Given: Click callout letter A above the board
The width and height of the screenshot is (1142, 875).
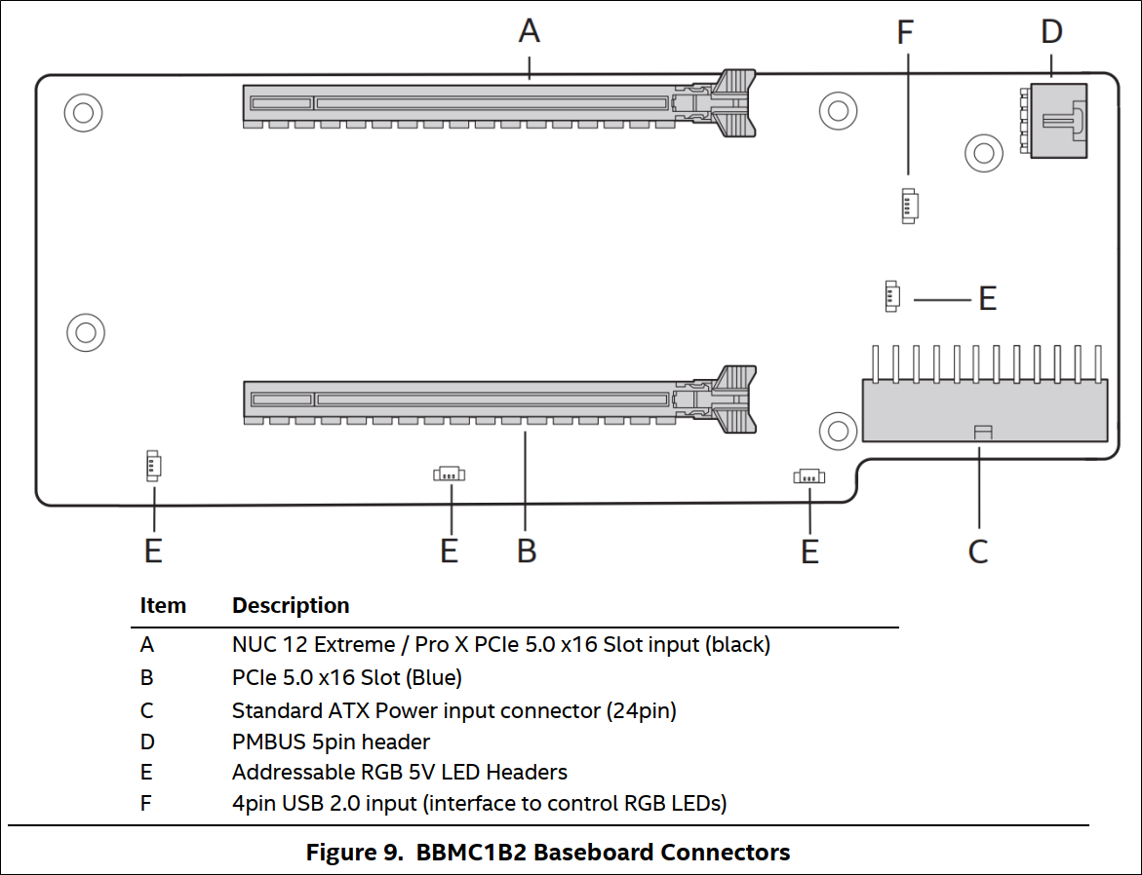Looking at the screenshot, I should [529, 31].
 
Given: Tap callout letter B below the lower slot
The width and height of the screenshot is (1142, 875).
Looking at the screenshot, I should [527, 551].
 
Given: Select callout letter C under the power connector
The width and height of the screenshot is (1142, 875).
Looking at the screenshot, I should [978, 552].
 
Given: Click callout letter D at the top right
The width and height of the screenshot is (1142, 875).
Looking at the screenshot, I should [1051, 31].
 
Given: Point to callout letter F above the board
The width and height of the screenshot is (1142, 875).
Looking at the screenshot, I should [906, 31].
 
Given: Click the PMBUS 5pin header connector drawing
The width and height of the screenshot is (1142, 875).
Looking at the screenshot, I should [1054, 120].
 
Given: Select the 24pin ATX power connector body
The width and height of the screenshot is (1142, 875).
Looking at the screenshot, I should [984, 410].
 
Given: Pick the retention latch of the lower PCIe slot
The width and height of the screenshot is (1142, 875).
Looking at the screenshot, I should [732, 399].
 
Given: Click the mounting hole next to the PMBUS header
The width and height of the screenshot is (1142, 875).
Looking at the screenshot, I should [982, 152].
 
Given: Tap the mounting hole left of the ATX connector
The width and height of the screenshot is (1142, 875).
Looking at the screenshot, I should [836, 428].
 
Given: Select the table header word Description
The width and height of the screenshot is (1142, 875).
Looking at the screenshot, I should [291, 605].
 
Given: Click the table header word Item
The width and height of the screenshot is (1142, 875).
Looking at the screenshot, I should [163, 605].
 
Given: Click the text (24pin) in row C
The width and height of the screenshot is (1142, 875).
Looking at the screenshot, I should [642, 710].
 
